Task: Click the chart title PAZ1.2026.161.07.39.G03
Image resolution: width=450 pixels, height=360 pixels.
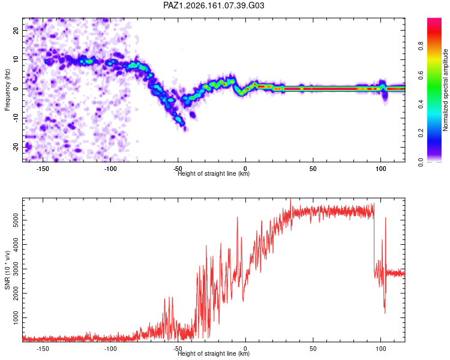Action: [x=214, y=5]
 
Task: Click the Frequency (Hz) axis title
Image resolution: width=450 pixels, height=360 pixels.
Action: [x=7, y=90]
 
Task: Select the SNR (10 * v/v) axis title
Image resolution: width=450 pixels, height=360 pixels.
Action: [x=7, y=270]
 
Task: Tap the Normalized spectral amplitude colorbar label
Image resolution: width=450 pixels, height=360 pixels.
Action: [x=445, y=90]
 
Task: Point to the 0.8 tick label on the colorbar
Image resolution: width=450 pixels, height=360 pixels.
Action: [x=421, y=46]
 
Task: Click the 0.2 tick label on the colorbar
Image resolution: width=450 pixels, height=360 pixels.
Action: [x=421, y=133]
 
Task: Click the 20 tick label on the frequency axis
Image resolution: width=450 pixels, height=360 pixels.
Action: [x=16, y=30]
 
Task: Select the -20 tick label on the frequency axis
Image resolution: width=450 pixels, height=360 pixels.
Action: [x=16, y=148]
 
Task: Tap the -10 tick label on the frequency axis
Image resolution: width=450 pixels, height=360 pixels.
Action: [x=16, y=118]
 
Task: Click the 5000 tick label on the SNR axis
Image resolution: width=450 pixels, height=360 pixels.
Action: [x=16, y=220]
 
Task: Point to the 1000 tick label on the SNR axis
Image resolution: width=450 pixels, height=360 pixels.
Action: [x=16, y=317]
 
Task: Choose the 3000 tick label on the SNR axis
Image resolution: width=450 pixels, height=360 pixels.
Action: [x=16, y=269]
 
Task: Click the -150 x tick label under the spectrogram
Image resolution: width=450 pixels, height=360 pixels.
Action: [x=43, y=169]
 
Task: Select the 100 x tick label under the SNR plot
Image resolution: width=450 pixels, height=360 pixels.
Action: [x=381, y=349]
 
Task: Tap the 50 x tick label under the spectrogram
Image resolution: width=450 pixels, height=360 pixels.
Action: [x=313, y=169]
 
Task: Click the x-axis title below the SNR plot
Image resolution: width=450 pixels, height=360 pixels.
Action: [x=214, y=353]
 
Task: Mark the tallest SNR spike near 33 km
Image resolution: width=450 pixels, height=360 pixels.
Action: [x=290, y=199]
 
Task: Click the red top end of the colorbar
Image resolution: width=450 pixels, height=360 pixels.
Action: [x=434, y=19]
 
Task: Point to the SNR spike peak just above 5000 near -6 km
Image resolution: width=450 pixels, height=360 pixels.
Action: [x=238, y=217]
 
